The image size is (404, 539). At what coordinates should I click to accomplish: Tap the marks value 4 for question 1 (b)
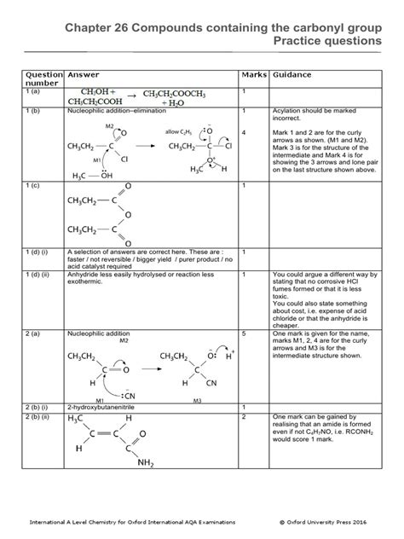[244, 132]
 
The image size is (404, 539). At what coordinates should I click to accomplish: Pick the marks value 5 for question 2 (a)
[244, 311]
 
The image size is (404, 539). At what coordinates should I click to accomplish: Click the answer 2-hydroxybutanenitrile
[106, 408]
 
